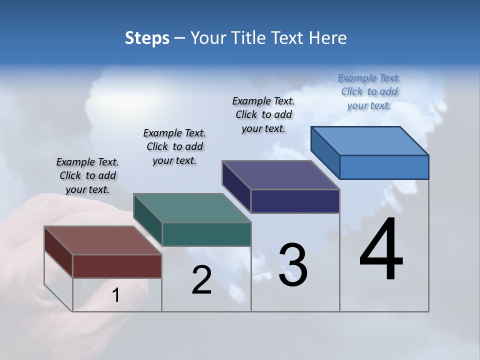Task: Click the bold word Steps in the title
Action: point(147,38)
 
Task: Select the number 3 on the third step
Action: point(293,265)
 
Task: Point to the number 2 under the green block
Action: point(201,280)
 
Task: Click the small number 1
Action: point(116,295)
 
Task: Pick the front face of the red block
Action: point(117,266)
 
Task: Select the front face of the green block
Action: point(206,234)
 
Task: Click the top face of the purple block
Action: point(280,175)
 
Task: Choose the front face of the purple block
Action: point(295,201)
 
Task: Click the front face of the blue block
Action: point(384,167)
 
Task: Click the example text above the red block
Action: point(87,175)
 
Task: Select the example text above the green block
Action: point(174,146)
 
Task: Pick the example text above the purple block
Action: point(263,114)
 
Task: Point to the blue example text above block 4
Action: point(369,91)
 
